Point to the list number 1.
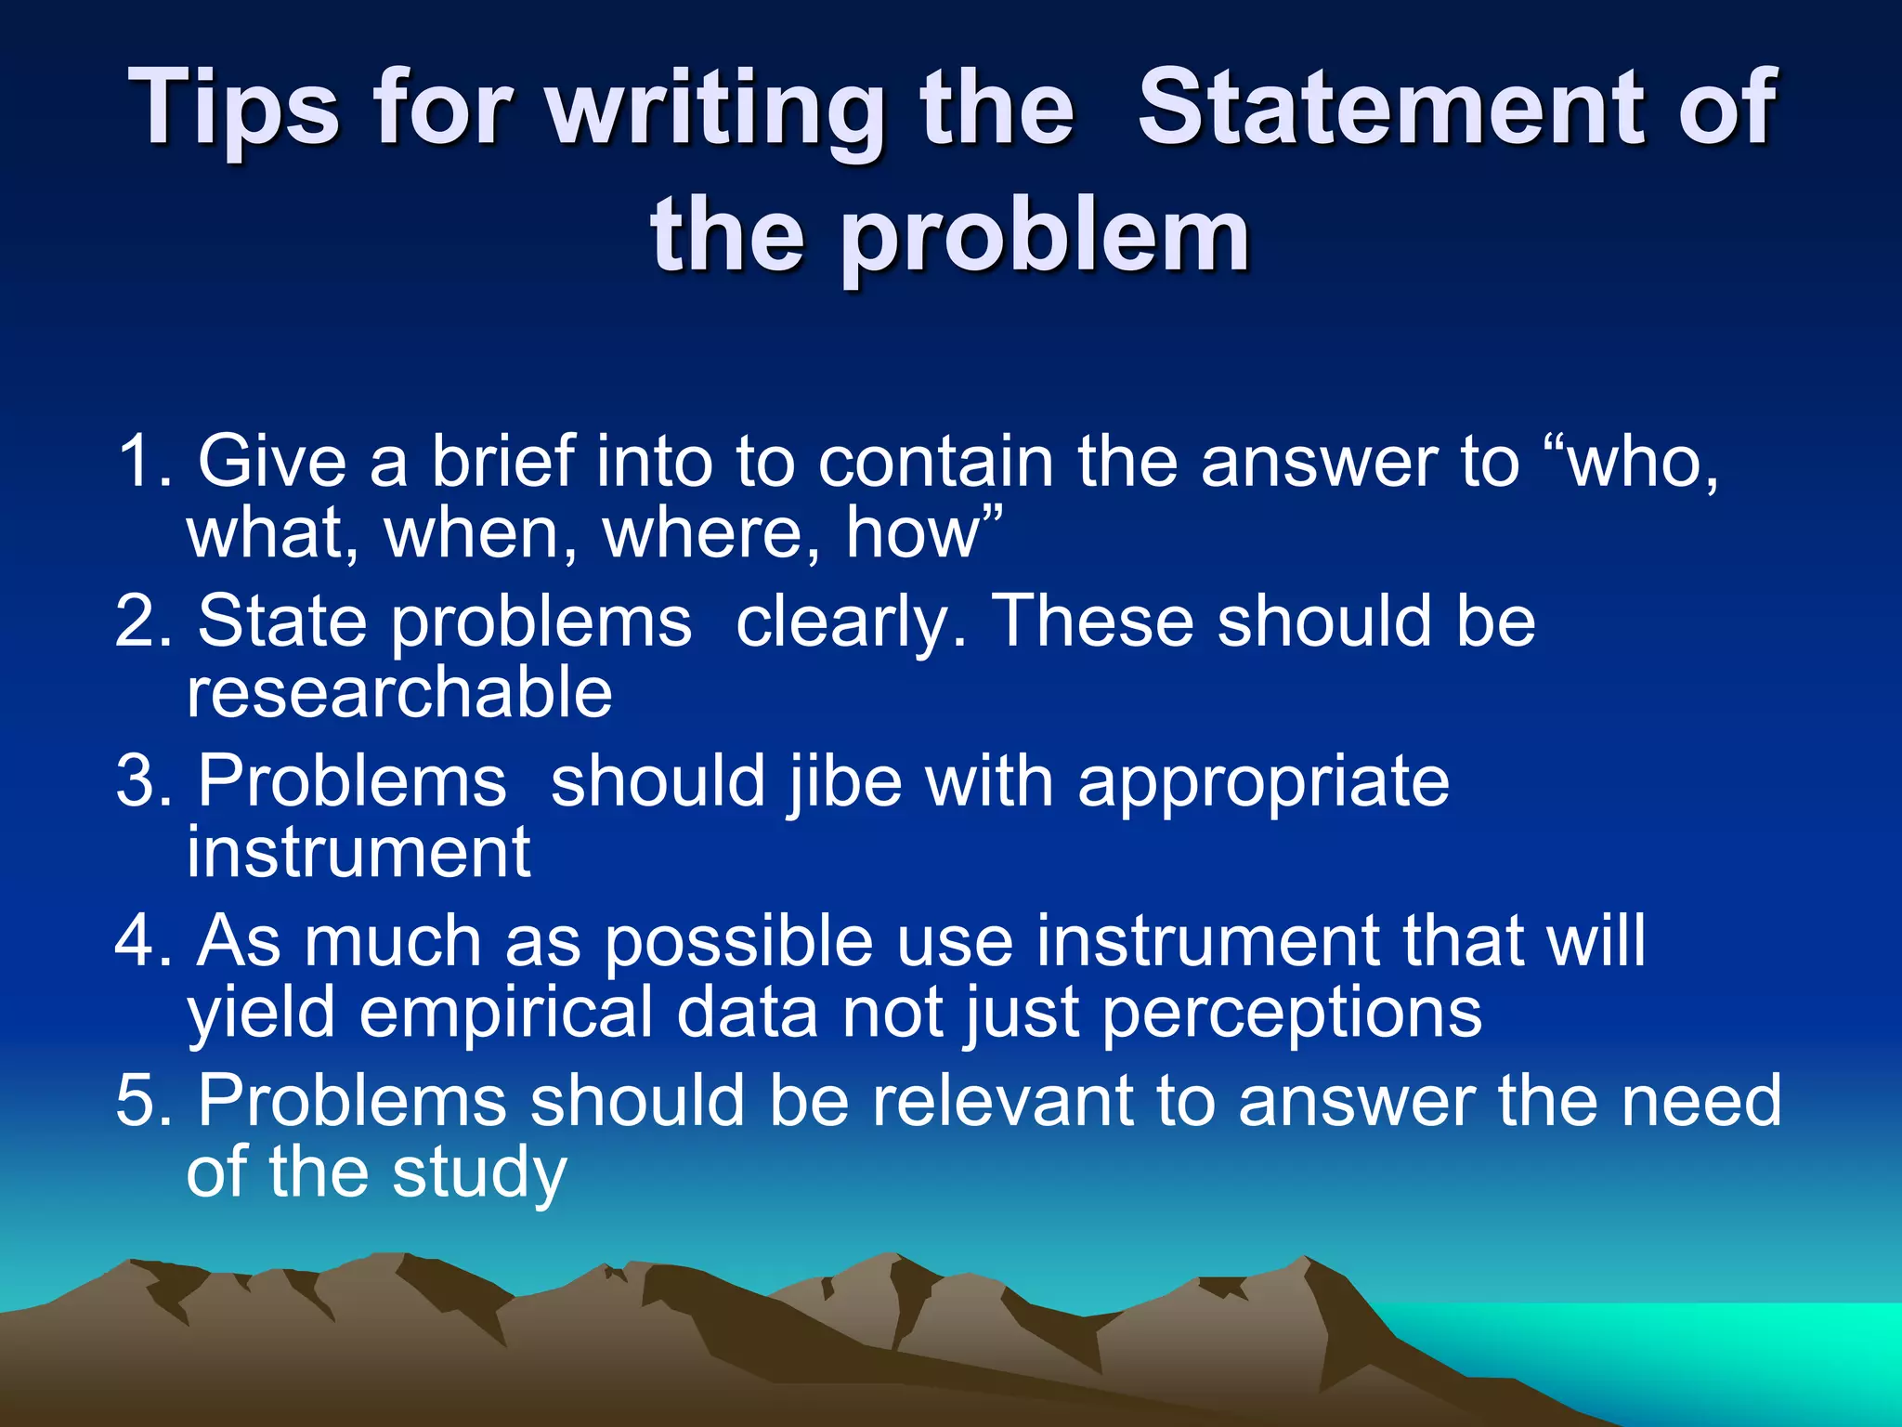pos(144,461)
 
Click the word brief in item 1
pos(502,461)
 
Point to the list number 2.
pos(144,621)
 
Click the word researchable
pos(399,692)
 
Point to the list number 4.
pos(144,941)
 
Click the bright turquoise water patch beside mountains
pos(1672,1347)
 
